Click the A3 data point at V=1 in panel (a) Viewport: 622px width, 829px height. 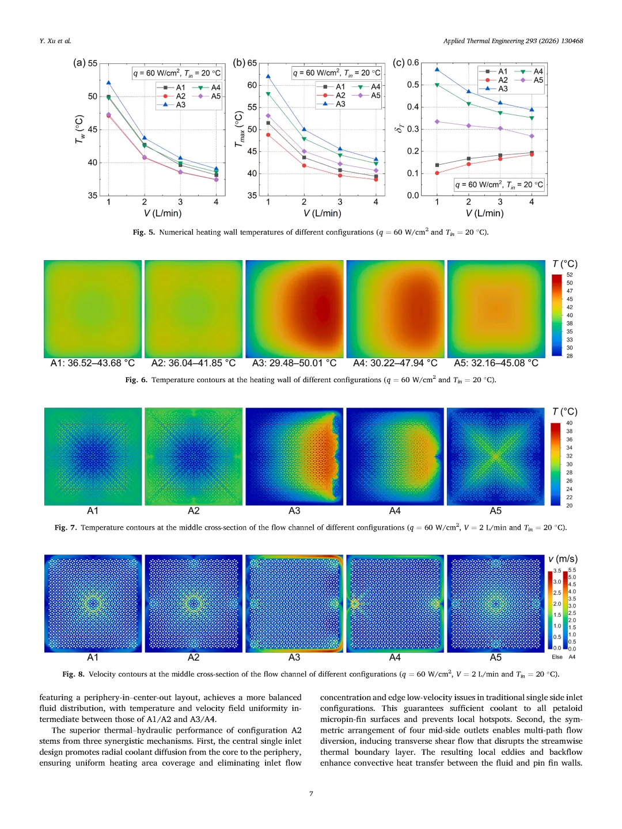108,83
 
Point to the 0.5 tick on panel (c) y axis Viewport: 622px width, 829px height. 413,85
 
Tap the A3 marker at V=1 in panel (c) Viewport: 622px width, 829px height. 437,70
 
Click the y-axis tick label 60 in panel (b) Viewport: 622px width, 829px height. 252,85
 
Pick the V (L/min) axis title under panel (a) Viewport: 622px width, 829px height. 162,213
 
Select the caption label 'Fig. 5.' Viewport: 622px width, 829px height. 144,233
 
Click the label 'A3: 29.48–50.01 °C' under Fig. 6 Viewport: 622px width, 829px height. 294,363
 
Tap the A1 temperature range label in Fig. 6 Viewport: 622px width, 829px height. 93,363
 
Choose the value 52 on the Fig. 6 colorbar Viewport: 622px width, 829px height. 570,275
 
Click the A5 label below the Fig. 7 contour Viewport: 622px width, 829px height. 495,511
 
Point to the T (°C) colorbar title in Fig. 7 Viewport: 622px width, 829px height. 564,412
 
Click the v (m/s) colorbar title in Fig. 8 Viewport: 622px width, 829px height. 563,559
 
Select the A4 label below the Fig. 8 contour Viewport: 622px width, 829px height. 395,657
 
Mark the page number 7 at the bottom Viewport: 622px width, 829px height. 311,793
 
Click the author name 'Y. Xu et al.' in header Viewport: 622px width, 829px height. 55,41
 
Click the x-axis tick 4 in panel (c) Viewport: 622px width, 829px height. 532,202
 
